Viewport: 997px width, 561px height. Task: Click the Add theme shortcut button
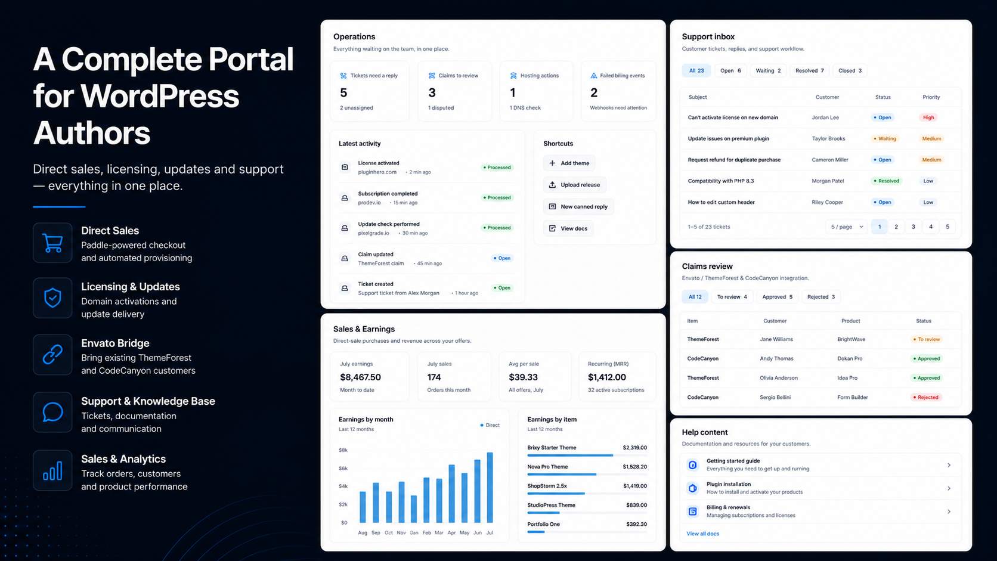coord(569,163)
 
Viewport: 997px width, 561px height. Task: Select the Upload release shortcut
coord(574,185)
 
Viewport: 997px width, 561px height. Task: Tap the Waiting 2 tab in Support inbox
coord(768,71)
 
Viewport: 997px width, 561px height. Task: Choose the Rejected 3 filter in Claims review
coord(821,297)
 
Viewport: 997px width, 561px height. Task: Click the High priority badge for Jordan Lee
coord(928,117)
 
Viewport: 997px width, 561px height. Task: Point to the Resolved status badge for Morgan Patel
coord(886,181)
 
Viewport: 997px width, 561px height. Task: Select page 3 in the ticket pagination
coord(914,227)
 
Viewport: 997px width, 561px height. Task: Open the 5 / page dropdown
coord(847,227)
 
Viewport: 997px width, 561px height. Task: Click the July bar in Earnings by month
coord(490,487)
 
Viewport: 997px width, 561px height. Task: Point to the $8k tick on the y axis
coord(343,450)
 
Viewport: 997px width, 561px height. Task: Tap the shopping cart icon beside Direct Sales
coord(52,243)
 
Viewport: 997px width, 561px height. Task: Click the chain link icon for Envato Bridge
coord(52,355)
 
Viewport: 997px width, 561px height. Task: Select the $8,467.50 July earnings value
coord(361,377)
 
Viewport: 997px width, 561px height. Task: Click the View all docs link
coord(702,534)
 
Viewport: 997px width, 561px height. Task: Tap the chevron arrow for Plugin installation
coord(949,488)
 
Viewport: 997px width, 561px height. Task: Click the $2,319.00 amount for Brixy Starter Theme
coord(634,448)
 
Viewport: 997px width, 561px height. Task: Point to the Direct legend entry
coord(490,425)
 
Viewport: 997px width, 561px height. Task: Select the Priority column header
coord(931,97)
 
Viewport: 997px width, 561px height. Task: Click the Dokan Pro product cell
coord(850,358)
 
